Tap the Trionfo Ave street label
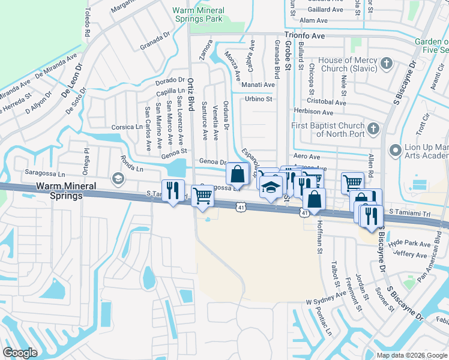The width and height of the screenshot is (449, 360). click(x=304, y=36)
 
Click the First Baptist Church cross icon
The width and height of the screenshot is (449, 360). click(x=373, y=128)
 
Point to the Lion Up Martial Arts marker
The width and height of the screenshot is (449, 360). click(x=395, y=149)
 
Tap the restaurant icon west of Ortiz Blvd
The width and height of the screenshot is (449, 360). click(x=172, y=190)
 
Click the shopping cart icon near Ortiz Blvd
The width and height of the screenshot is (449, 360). click(x=203, y=195)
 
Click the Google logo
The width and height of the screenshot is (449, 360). click(x=20, y=353)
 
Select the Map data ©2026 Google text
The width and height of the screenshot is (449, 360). click(x=412, y=355)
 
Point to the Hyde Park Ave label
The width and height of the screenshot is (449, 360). click(x=409, y=244)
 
